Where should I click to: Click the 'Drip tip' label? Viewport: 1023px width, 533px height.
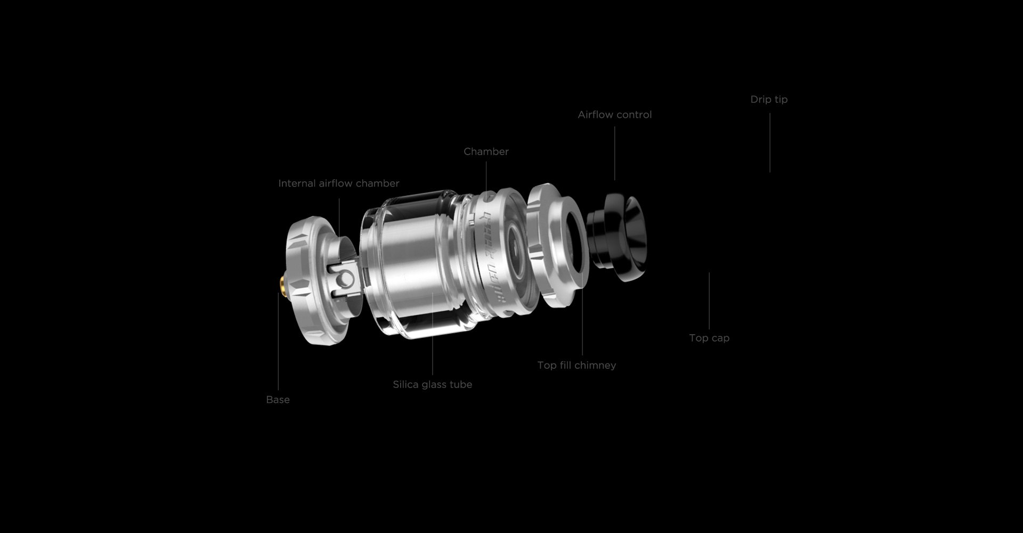click(769, 100)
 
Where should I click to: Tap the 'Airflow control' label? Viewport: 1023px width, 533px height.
click(614, 115)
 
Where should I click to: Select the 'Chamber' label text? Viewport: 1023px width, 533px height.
click(486, 151)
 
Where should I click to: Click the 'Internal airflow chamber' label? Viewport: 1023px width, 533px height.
click(338, 183)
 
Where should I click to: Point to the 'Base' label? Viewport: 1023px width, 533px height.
click(278, 400)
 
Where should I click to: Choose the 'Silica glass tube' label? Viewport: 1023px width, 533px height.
click(432, 384)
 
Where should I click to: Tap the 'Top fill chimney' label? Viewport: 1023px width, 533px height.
click(577, 365)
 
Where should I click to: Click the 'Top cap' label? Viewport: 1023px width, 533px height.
click(709, 338)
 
